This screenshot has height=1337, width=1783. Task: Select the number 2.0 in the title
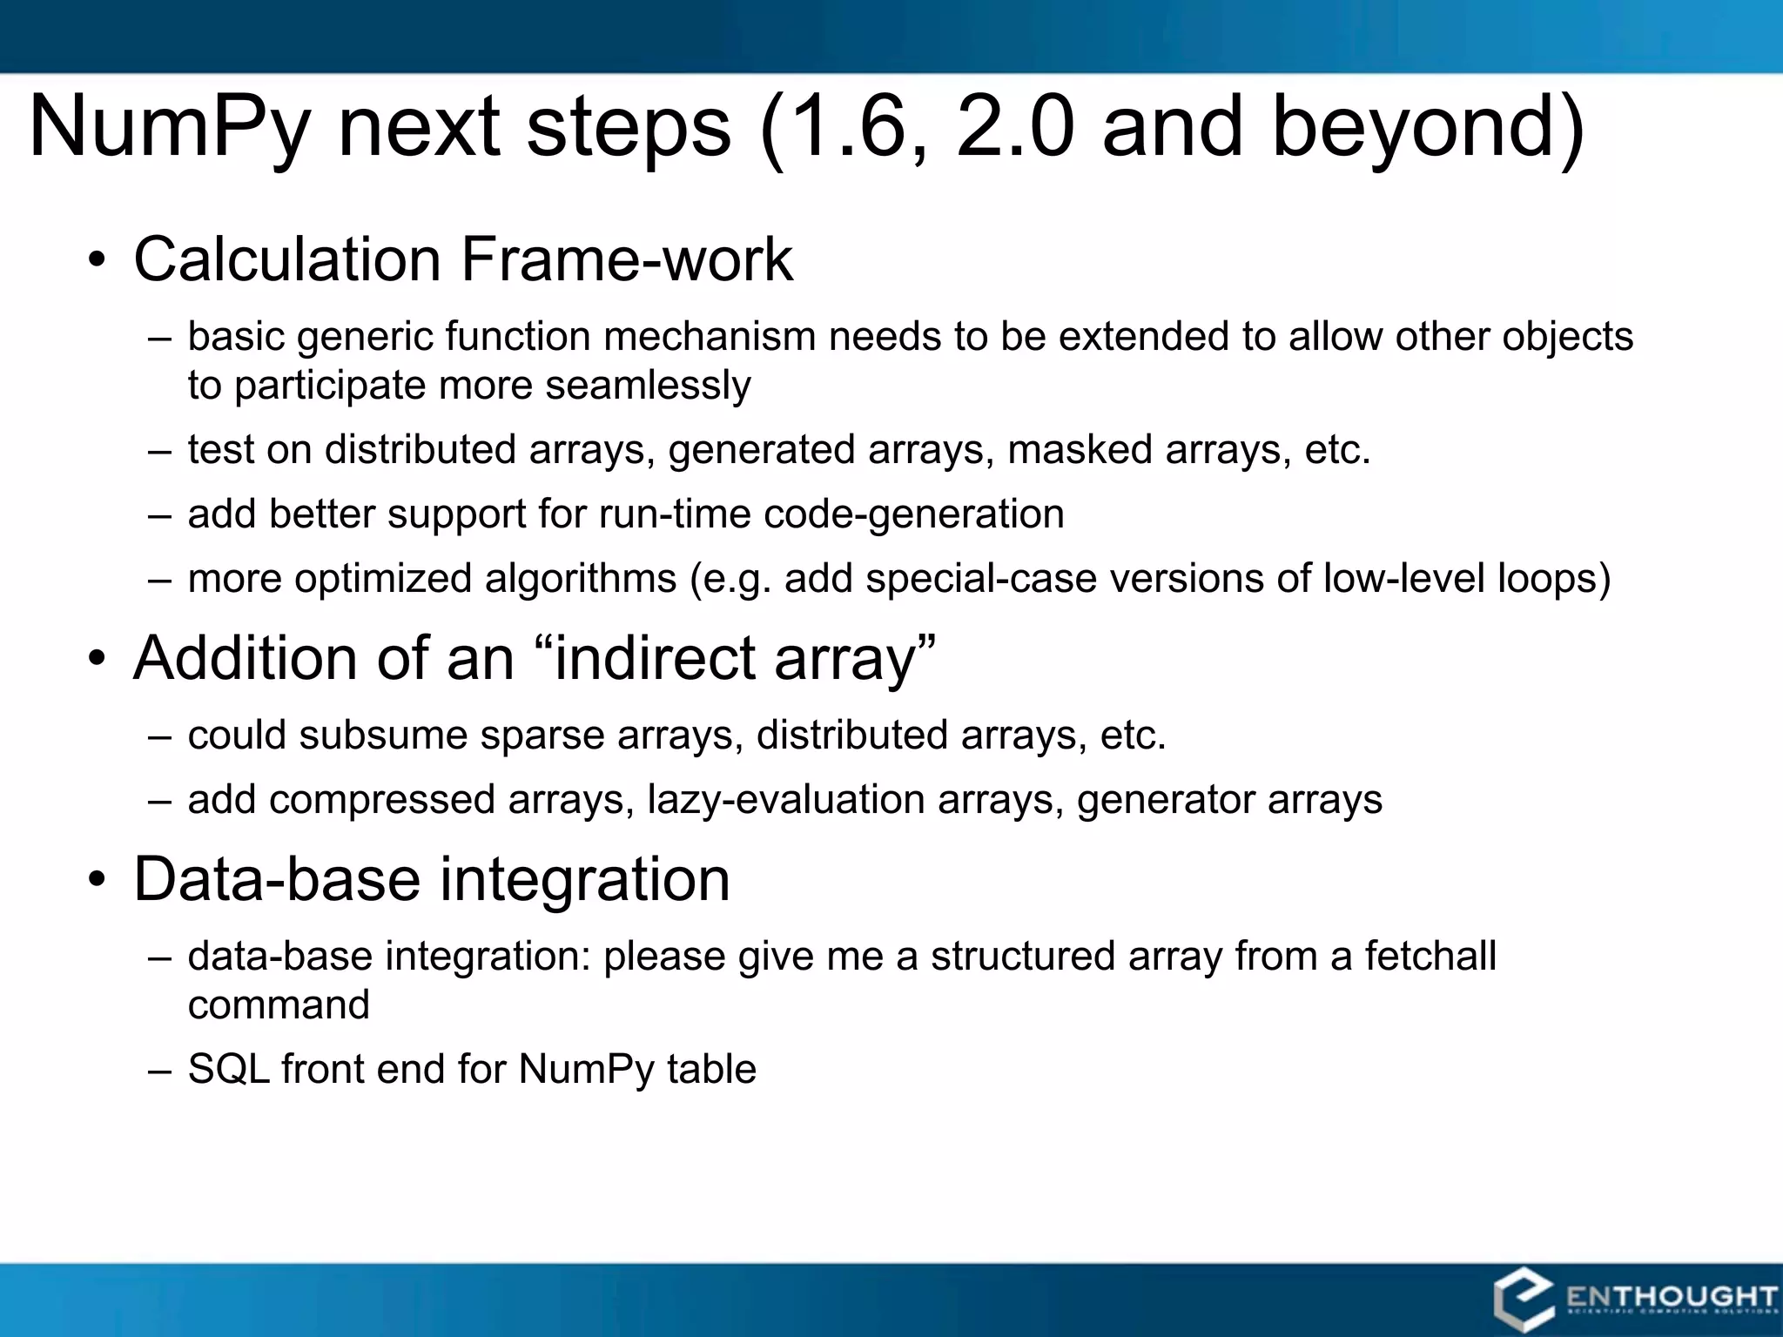pos(1013,128)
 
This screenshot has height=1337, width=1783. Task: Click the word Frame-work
pos(627,259)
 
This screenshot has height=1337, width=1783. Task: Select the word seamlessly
pos(648,386)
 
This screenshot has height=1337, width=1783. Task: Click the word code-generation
pos(913,514)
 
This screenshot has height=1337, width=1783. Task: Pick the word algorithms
pos(581,579)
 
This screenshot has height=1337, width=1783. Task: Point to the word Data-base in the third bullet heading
pos(277,879)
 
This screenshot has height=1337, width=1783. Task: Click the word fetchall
pos(1430,957)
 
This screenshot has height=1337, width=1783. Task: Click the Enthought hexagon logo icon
pos(1523,1300)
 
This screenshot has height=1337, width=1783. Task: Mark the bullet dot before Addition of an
pos(97,660)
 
